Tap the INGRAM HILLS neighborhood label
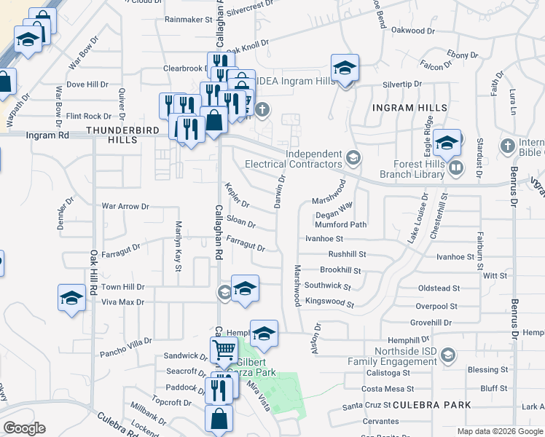pos(409,108)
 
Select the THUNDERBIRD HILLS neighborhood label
pos(111,135)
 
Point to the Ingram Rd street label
pos(47,135)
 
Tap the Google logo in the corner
pos(25,428)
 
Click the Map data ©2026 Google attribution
pos(500,431)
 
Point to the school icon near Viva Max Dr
pos(71,299)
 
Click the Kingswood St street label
pos(329,303)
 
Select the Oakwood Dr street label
pos(412,31)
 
